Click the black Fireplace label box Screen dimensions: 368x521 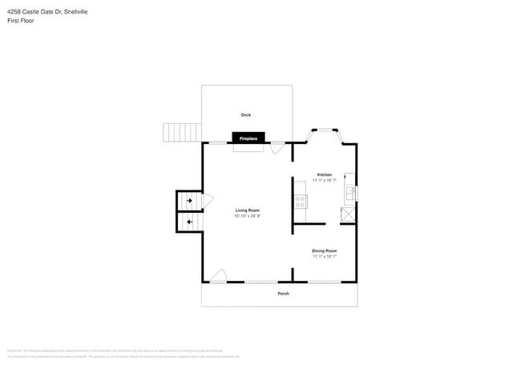pyautogui.click(x=248, y=138)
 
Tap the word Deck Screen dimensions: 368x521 pyautogui.click(x=246, y=115)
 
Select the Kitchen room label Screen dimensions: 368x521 pyautogui.click(x=324, y=174)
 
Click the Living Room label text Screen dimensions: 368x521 pyautogui.click(x=247, y=210)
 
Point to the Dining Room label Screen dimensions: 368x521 pyautogui.click(x=324, y=250)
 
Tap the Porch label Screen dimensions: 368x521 pyautogui.click(x=283, y=294)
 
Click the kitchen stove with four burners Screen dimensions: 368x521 pyautogui.click(x=301, y=202)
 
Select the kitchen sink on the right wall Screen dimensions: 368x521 pyautogui.click(x=349, y=193)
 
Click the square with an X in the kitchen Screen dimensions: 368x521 pyautogui.click(x=349, y=214)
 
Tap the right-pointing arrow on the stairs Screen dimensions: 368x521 pyautogui.click(x=189, y=201)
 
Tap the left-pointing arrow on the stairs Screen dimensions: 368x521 pyautogui.click(x=189, y=222)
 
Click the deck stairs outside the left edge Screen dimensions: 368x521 pyautogui.click(x=181, y=132)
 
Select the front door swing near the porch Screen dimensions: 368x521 pyautogui.click(x=218, y=276)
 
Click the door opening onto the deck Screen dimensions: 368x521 pyautogui.click(x=277, y=148)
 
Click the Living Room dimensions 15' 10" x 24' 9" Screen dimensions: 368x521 pyautogui.click(x=247, y=216)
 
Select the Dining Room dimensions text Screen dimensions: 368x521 pyautogui.click(x=324, y=257)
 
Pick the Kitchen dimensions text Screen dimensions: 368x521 pyautogui.click(x=324, y=181)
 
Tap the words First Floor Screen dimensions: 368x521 pyautogui.click(x=21, y=21)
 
